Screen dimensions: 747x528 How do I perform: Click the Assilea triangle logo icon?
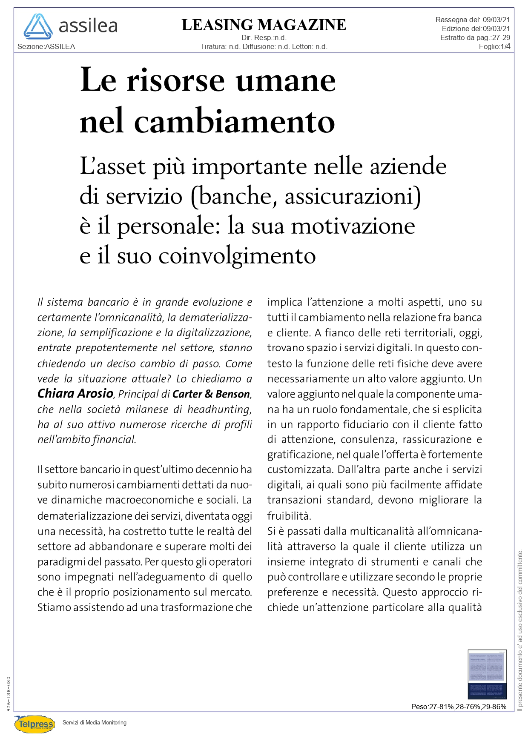(38, 26)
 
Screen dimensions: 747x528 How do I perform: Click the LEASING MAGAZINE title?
(264, 25)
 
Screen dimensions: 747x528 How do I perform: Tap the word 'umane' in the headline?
(286, 80)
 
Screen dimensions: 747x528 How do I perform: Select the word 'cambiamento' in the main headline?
(235, 121)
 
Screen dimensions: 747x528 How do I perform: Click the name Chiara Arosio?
(75, 394)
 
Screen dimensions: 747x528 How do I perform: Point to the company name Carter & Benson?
(211, 394)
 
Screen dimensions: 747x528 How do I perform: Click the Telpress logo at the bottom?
(35, 724)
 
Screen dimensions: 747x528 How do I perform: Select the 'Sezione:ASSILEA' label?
(46, 46)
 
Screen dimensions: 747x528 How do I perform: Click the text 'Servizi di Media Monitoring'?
(95, 722)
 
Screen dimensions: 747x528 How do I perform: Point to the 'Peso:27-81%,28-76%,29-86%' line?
(459, 707)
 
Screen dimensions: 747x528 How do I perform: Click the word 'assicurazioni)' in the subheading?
(353, 196)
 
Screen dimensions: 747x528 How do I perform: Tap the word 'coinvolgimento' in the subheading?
(237, 256)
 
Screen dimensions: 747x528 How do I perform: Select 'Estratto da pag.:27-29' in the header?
(475, 37)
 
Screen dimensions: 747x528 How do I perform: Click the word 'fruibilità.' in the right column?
(289, 516)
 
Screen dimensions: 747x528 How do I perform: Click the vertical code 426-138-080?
(9, 694)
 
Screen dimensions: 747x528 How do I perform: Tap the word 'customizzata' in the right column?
(300, 469)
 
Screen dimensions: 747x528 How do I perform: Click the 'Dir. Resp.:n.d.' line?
(264, 37)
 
